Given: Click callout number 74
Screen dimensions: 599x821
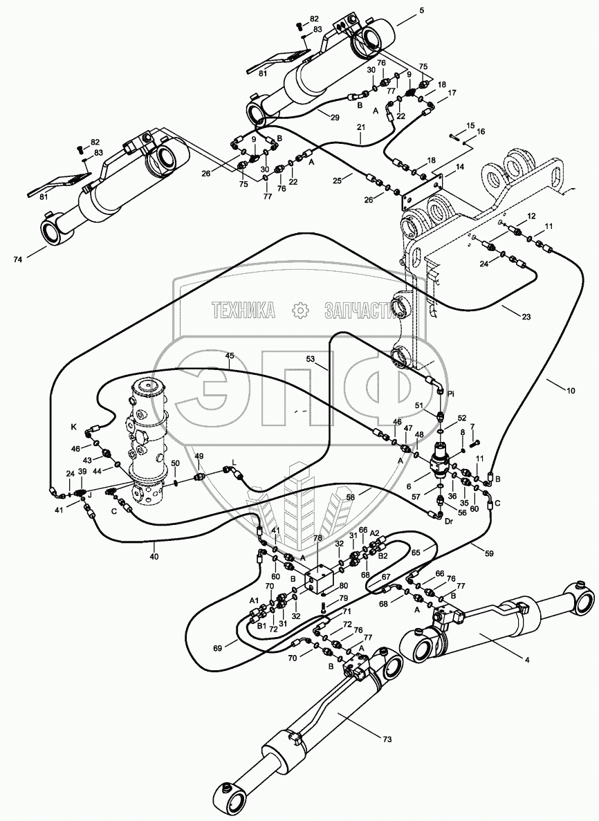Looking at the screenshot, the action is click(x=19, y=259).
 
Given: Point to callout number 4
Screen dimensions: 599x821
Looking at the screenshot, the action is click(x=527, y=661).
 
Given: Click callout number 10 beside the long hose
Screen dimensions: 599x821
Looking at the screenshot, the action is click(x=570, y=390).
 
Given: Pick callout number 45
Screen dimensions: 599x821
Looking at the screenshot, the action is click(x=230, y=356).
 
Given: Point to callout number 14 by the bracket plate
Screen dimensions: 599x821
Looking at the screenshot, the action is click(x=459, y=167).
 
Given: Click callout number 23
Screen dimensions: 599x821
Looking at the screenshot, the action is click(x=526, y=317).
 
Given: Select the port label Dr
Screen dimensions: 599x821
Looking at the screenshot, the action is click(x=448, y=522).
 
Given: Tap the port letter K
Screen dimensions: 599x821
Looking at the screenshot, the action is click(x=74, y=427).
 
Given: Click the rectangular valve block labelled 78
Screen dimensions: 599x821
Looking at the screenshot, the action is click(x=320, y=578).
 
